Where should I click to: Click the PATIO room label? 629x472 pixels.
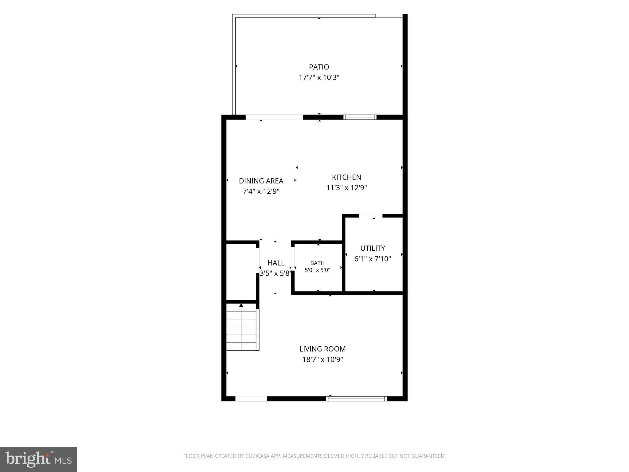click(x=319, y=67)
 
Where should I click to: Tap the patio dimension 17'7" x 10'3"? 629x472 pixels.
click(x=319, y=77)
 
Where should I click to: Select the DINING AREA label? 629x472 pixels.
click(x=261, y=181)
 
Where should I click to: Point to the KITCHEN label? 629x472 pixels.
click(x=346, y=177)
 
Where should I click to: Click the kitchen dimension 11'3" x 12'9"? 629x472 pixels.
click(x=346, y=187)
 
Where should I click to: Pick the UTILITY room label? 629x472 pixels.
click(x=373, y=248)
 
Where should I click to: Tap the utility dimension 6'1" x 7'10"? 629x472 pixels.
click(x=373, y=259)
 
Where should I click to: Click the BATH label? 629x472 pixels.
click(x=317, y=263)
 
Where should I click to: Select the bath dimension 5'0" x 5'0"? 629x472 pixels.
click(x=317, y=270)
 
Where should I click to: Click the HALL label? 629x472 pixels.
click(x=276, y=263)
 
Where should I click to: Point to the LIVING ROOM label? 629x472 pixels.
click(x=322, y=349)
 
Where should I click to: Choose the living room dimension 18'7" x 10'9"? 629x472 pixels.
click(x=322, y=359)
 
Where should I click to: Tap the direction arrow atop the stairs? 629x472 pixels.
click(x=241, y=305)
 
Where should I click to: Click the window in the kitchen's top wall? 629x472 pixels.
click(x=360, y=117)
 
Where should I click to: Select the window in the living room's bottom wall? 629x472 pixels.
click(x=356, y=399)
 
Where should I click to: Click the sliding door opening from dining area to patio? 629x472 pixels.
click(x=274, y=117)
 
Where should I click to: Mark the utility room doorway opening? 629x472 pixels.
click(x=370, y=216)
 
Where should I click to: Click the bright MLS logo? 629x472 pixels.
click(x=38, y=459)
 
